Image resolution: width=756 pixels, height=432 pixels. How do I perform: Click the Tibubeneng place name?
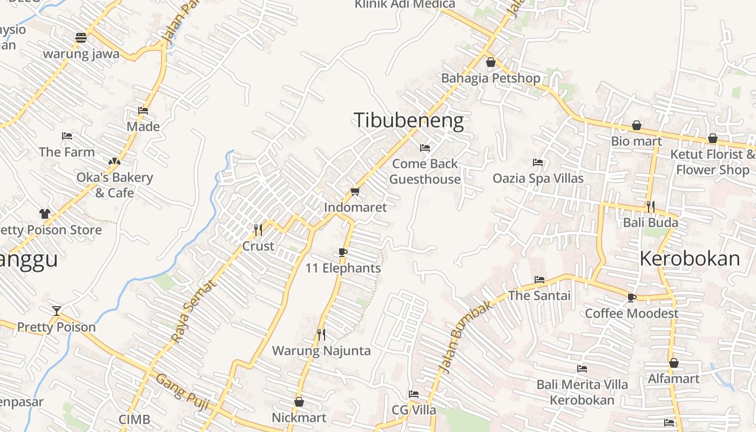point(408,120)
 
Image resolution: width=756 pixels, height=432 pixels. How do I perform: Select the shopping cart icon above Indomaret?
point(355,191)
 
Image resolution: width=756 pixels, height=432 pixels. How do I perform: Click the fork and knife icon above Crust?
point(258,230)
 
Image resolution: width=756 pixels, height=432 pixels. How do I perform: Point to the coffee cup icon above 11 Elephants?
point(342,252)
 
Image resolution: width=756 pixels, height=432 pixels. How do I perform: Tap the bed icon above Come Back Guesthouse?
point(425,147)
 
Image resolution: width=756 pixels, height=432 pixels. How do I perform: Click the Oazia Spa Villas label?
point(538,178)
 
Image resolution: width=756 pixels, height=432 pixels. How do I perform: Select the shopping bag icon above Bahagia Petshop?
point(490,62)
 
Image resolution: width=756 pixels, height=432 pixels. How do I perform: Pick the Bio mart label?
point(636,141)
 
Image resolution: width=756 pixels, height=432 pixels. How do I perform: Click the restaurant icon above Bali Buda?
point(650,206)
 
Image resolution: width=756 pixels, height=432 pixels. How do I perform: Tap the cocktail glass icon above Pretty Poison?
point(56,310)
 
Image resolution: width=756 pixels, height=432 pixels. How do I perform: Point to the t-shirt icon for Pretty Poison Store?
point(44,214)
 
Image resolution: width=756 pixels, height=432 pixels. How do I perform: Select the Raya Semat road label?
point(193,310)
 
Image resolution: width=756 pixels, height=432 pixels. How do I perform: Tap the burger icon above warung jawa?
point(81,38)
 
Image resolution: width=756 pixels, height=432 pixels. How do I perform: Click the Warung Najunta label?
point(321,351)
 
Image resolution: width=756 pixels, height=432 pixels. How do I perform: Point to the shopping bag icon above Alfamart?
point(673,363)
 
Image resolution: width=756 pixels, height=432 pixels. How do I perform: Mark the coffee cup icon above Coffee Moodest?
point(631,298)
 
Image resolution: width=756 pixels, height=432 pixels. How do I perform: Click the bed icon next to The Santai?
point(539,280)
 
